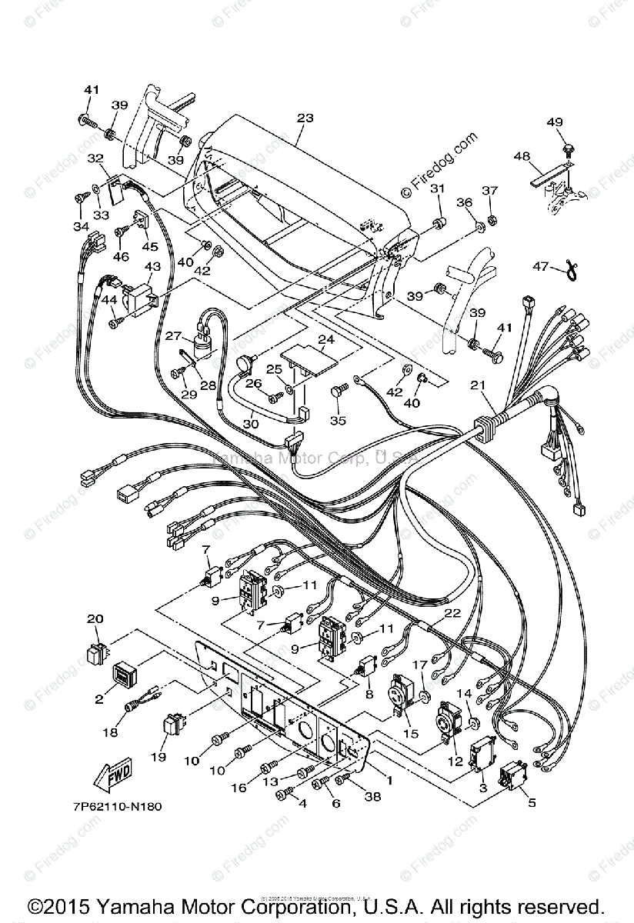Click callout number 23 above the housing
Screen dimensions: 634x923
[x=305, y=118]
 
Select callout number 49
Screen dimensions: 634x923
[x=555, y=122]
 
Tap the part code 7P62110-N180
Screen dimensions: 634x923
[x=113, y=807]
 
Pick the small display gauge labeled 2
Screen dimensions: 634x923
[x=125, y=674]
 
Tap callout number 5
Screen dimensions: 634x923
[x=530, y=803]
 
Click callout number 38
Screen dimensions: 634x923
[x=372, y=798]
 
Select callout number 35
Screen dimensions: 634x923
[x=335, y=421]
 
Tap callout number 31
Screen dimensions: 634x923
[x=438, y=189]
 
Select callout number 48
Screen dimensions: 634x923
[x=522, y=156]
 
